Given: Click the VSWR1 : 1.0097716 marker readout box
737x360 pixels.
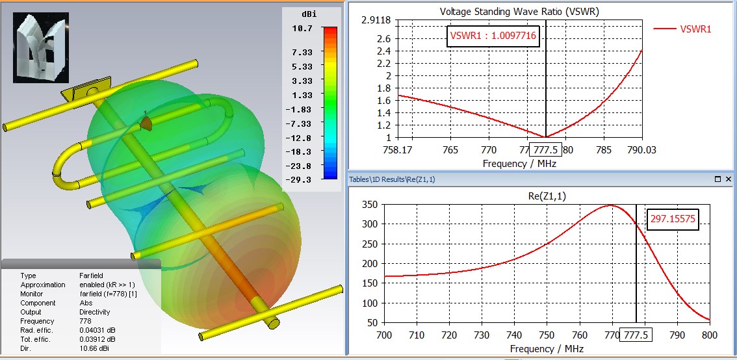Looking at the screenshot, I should click(494, 36).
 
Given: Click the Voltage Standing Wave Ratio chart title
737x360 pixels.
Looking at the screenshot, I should click(519, 12).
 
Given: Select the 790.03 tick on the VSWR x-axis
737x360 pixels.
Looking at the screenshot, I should click(642, 150).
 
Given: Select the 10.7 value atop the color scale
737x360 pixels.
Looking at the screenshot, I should click(302, 29).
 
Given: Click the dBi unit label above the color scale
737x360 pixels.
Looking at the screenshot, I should click(309, 14).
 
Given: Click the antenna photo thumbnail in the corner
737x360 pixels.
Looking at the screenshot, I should click(41, 48).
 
